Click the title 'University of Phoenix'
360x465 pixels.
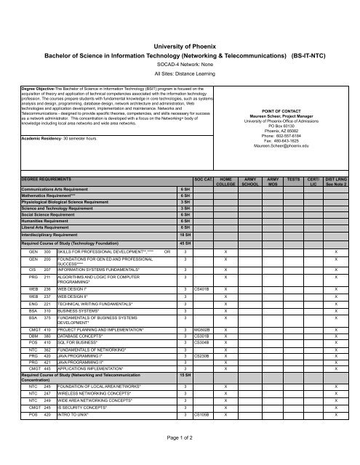click(179, 45)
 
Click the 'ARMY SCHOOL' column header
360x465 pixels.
click(249, 180)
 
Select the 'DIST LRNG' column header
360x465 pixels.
click(335, 180)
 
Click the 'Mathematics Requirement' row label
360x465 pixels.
click(49, 195)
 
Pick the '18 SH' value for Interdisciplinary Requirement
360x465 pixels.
click(185, 235)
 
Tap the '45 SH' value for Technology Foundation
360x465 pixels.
click(185, 243)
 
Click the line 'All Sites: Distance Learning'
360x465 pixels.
click(179, 73)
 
